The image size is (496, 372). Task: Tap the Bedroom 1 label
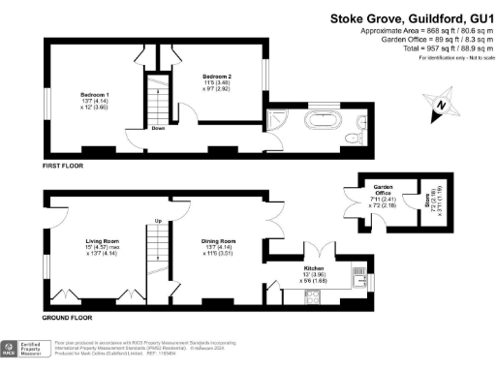(x=93, y=94)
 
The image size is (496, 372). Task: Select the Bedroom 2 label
(x=218, y=76)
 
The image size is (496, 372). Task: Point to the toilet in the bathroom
(x=361, y=123)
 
